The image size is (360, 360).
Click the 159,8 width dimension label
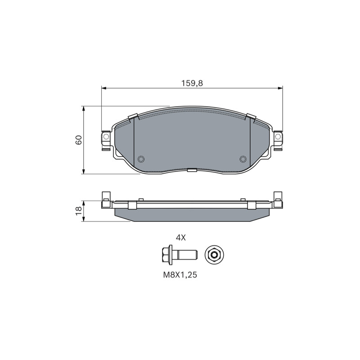pos(192,83)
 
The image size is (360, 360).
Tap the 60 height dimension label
pos(78,140)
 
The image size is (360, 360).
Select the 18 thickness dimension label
pos(78,211)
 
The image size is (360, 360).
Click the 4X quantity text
pos(180,238)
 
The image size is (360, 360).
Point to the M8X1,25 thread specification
pos(180,275)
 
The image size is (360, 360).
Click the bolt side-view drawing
pos(179,255)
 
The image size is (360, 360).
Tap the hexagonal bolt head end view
pos(214,255)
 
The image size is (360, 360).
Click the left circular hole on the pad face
pos(140,159)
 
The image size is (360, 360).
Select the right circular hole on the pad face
pos(243,159)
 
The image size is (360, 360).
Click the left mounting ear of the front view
pos(106,140)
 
